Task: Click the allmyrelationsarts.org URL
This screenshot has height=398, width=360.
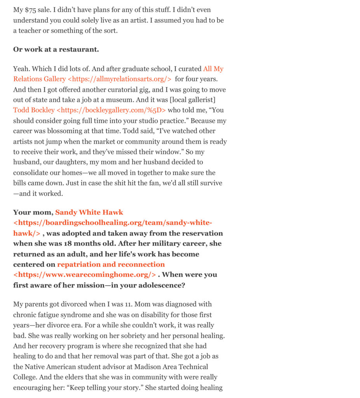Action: coord(120,79)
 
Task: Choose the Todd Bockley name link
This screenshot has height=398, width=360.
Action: coord(34,110)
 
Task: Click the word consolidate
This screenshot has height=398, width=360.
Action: coord(32,173)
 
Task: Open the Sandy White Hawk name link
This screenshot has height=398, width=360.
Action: coord(89,213)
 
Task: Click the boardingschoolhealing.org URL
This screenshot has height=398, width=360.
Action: coord(113,223)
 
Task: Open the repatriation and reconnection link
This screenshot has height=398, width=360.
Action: coord(111,264)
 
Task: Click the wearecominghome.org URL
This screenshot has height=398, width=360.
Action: coord(85,275)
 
